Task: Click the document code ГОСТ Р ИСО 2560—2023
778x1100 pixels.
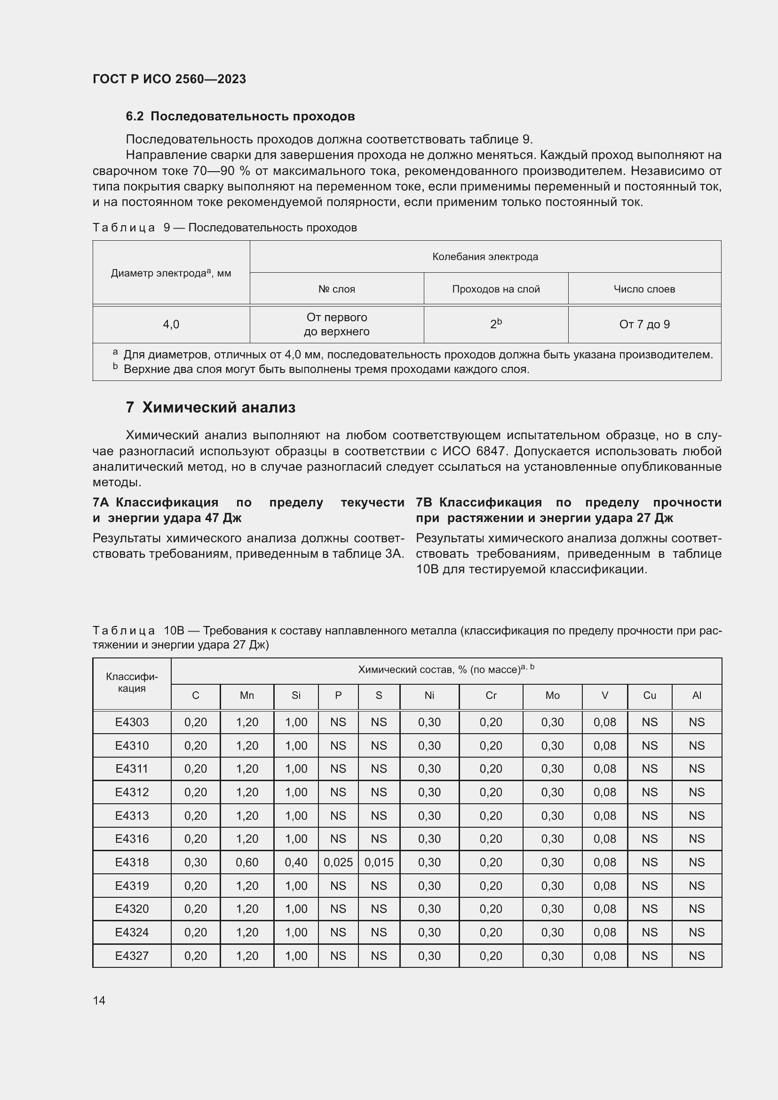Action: (x=169, y=79)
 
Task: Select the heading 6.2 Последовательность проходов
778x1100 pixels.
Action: (x=240, y=117)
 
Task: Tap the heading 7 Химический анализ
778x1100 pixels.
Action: (x=211, y=408)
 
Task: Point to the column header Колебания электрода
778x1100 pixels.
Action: (x=485, y=257)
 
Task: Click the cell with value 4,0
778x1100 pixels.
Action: (x=171, y=324)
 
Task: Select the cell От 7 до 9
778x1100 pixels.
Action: (x=644, y=324)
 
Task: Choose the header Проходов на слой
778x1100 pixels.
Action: (x=496, y=289)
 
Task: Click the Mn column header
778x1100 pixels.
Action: (x=247, y=695)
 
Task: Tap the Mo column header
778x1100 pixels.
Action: (x=552, y=695)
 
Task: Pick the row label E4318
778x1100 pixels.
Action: (x=132, y=863)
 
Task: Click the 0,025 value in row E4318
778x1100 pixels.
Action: (x=338, y=863)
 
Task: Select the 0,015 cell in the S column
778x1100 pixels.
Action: (x=379, y=863)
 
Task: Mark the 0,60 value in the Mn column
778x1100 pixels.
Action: (x=247, y=863)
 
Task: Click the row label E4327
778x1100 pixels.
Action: (x=132, y=956)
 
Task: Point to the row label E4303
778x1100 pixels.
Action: (x=132, y=722)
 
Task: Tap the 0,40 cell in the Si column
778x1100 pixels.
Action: (x=296, y=863)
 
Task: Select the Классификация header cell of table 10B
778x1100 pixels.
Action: (x=132, y=683)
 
